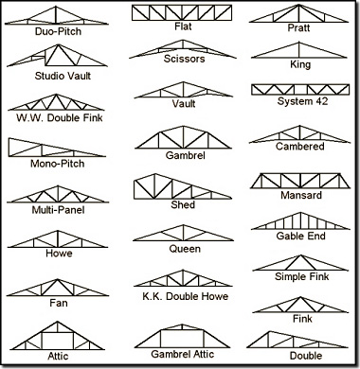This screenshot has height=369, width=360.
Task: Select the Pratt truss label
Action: [x=298, y=28]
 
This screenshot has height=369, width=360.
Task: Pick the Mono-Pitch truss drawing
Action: [x=52, y=149]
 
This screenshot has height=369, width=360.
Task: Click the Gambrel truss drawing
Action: [x=183, y=138]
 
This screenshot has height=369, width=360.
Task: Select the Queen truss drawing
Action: [x=183, y=233]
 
